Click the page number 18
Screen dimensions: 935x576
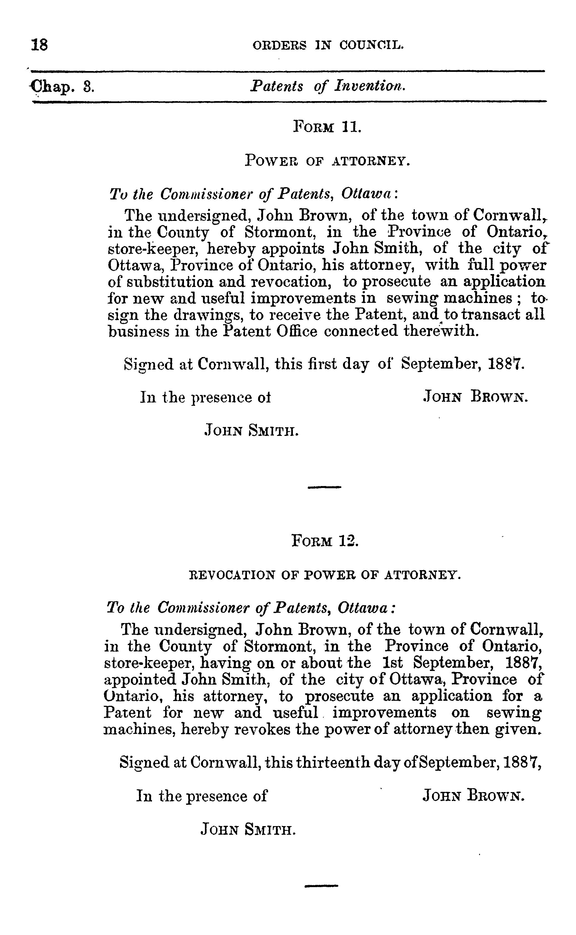tap(39, 45)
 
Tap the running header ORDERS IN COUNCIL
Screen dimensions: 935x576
tap(328, 46)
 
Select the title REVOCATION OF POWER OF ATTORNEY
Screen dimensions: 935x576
tap(325, 575)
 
